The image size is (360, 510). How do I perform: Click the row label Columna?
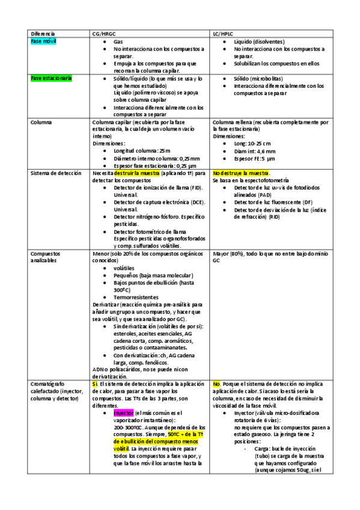pyautogui.click(x=41, y=122)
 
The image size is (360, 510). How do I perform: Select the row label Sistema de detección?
pyautogui.click(x=57, y=173)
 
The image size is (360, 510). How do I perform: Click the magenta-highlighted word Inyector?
pyautogui.click(x=124, y=413)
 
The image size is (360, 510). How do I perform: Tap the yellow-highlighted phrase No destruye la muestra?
pyautogui.click(x=240, y=173)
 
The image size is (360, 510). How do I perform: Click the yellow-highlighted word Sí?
pyautogui.click(x=95, y=383)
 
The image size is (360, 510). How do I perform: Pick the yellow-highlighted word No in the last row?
pyautogui.click(x=217, y=383)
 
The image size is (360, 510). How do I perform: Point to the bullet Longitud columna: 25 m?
pyautogui.click(x=142, y=150)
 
